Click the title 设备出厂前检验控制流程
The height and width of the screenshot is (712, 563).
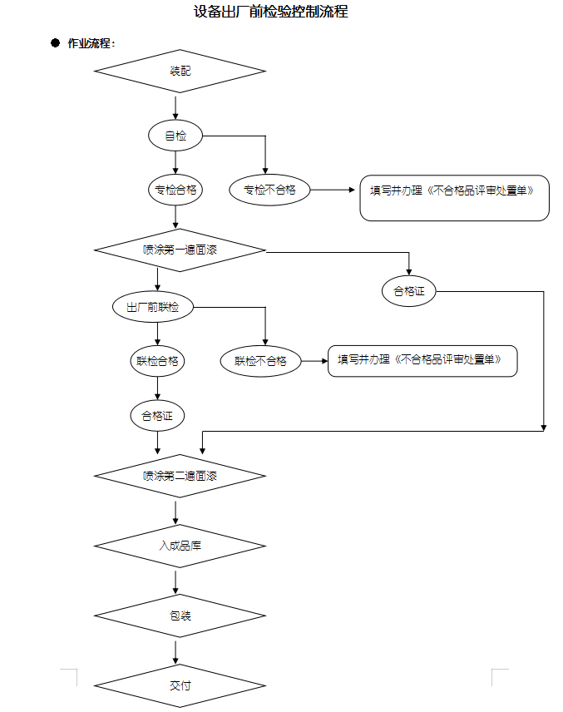pos(269,12)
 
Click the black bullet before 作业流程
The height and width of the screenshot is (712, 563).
pos(55,42)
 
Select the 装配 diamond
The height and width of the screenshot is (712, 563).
pos(180,72)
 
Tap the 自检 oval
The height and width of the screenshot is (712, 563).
pos(175,136)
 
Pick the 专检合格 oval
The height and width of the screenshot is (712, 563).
pos(175,190)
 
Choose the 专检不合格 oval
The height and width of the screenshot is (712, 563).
pos(269,190)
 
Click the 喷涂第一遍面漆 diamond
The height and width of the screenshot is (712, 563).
pos(180,250)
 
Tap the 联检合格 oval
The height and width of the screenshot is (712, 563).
pos(157,361)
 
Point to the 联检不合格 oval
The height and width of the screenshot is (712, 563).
pos(260,361)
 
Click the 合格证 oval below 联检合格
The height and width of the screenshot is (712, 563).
pos(157,415)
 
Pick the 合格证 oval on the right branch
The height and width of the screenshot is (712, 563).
pos(409,291)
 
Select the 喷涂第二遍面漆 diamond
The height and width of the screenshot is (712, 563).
pos(180,477)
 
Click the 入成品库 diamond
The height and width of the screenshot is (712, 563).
pos(180,546)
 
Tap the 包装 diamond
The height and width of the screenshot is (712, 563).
pos(180,616)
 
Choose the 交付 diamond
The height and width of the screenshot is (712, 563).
pos(180,686)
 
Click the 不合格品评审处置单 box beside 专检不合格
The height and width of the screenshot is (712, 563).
pos(454,197)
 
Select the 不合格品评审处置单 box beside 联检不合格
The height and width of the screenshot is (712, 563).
pos(422,361)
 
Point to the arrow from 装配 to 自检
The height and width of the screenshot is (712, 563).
pos(175,107)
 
